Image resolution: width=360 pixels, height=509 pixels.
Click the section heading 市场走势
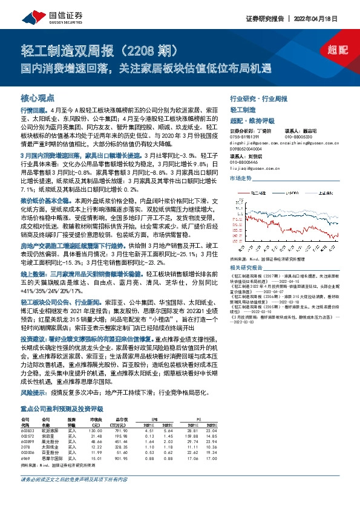(x=241, y=180)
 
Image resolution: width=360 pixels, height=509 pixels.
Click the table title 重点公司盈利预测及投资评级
(x=63, y=409)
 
